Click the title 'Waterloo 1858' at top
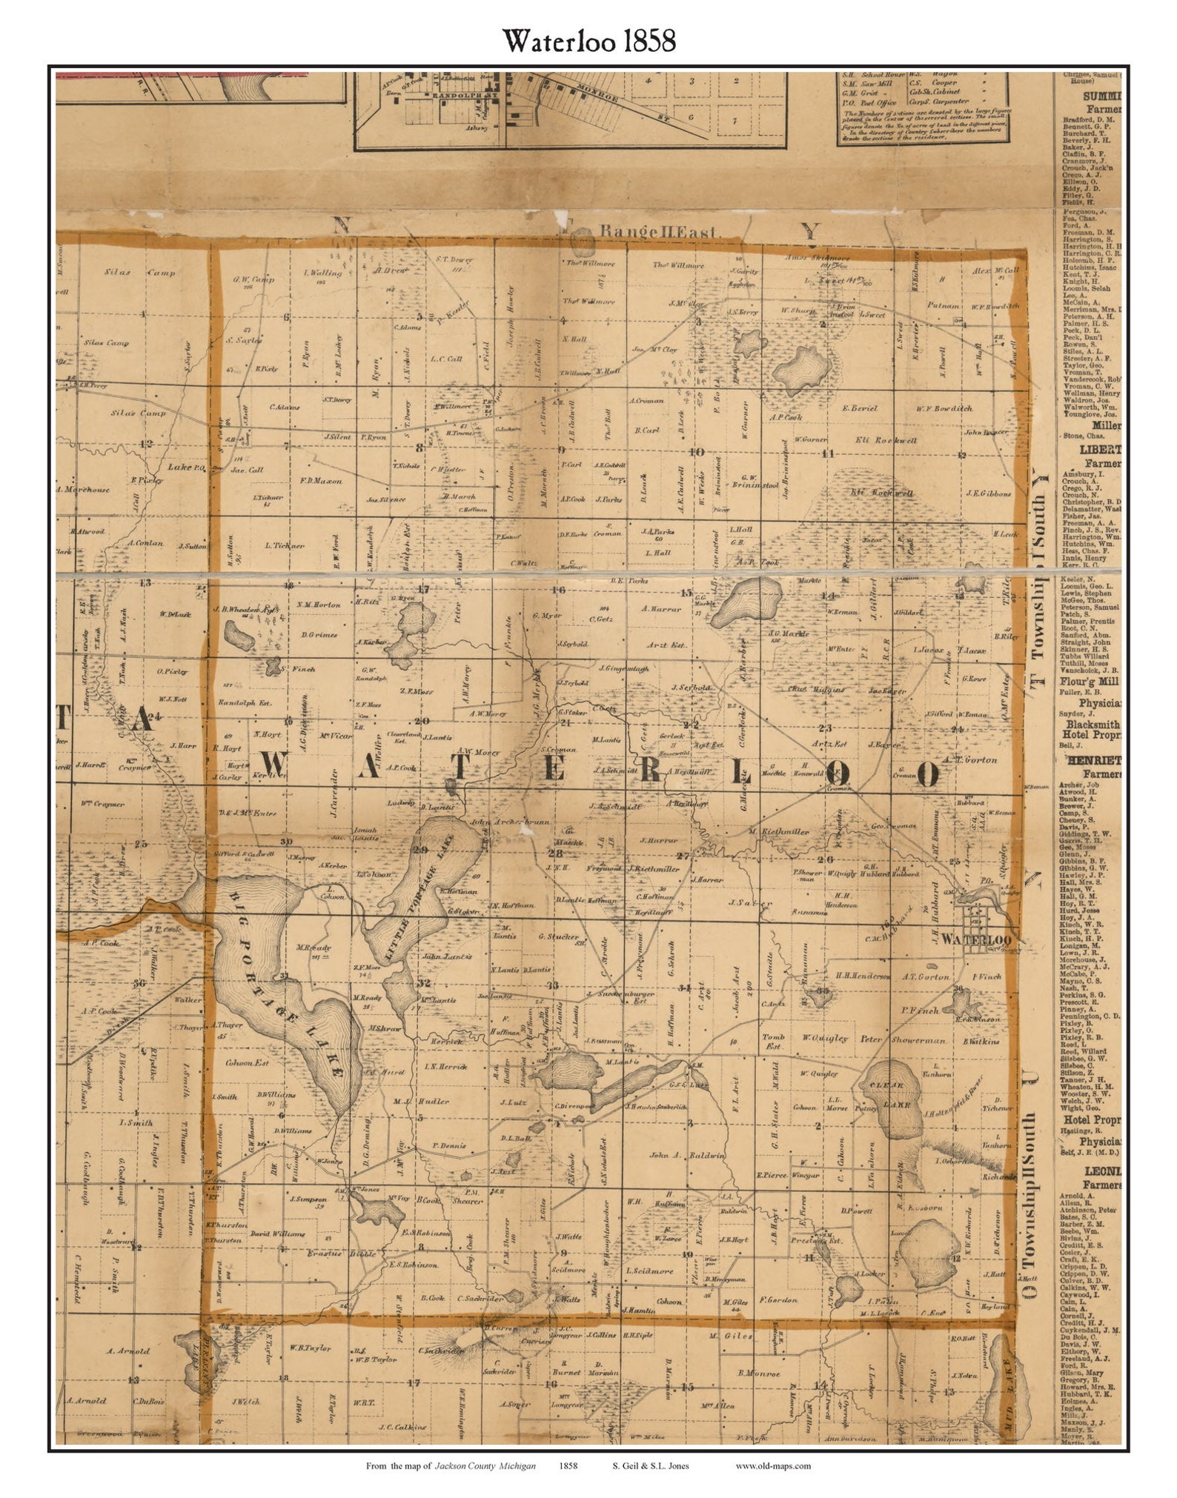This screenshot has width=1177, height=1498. pyautogui.click(x=589, y=41)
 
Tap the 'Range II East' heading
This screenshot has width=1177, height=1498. pyautogui.click(x=659, y=232)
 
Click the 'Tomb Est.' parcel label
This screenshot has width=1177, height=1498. pyautogui.click(x=772, y=1042)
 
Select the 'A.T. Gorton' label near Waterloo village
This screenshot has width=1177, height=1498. pyautogui.click(x=925, y=976)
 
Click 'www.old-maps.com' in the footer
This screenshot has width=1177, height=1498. pyautogui.click(x=773, y=1465)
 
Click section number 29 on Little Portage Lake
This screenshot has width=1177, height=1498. pyautogui.click(x=421, y=850)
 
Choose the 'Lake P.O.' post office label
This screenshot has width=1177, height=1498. pyautogui.click(x=186, y=467)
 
